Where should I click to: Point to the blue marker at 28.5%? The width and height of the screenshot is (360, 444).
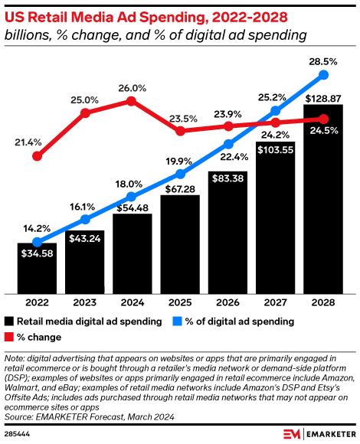[323, 74]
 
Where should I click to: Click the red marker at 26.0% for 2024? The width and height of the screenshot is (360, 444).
[132, 100]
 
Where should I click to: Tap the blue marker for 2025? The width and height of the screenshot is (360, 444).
[180, 178]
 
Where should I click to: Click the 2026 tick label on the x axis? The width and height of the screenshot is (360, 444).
[227, 302]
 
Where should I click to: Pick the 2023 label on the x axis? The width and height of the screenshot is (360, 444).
[84, 302]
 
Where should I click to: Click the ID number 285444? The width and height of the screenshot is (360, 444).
[18, 433]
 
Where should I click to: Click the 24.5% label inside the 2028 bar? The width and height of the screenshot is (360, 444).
[323, 130]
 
